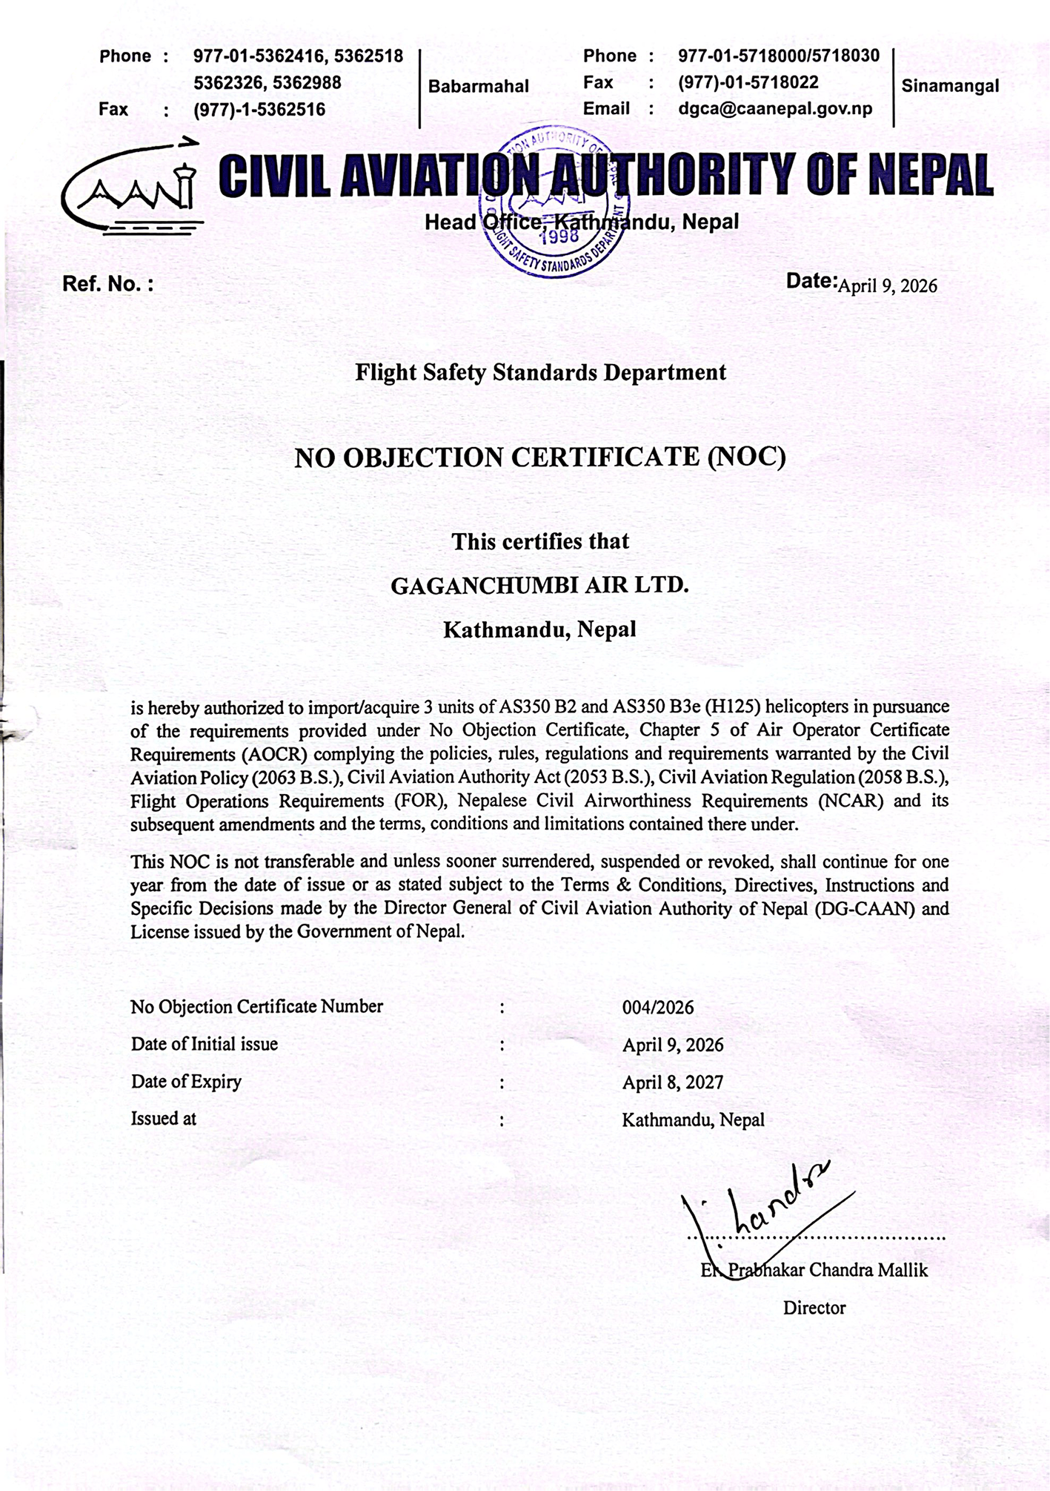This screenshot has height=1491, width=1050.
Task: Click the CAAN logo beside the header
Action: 132,188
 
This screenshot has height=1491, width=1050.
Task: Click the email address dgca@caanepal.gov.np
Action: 775,109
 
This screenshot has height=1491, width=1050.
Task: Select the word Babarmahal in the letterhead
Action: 479,87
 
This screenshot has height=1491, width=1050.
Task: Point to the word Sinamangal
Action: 950,86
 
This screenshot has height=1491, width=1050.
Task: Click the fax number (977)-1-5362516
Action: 259,110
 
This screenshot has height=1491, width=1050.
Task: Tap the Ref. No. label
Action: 108,284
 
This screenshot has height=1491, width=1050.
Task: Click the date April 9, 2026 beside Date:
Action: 887,285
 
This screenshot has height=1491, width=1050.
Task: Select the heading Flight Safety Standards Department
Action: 540,372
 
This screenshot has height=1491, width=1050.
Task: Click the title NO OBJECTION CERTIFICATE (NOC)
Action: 540,457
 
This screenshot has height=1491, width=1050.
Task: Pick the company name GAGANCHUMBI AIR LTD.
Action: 539,586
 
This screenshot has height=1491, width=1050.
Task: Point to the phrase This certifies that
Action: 540,542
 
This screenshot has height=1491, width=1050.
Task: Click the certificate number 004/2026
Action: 658,1008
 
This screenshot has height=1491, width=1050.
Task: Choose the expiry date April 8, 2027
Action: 672,1082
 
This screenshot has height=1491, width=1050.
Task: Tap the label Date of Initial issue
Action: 205,1044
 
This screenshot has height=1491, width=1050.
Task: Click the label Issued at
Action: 164,1119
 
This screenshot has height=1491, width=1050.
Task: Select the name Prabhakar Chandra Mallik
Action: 827,1270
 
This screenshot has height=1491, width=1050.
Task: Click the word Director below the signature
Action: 814,1308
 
